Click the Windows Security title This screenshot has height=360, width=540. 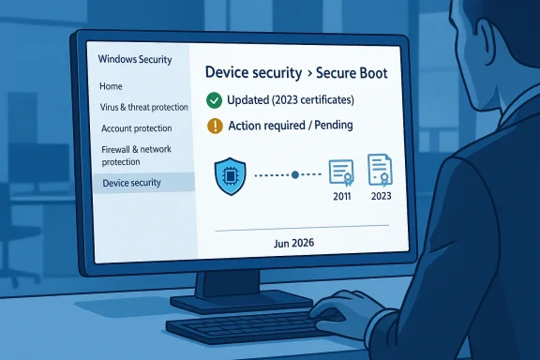pos(135,60)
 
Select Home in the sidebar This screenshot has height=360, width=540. pos(111,86)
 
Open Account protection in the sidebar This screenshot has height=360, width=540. pos(136,127)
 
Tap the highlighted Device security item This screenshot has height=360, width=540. pos(132,183)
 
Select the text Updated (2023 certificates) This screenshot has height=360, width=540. pos(291,99)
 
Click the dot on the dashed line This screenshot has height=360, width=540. pos(295,174)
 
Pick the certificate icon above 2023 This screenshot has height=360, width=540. pos(380,169)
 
